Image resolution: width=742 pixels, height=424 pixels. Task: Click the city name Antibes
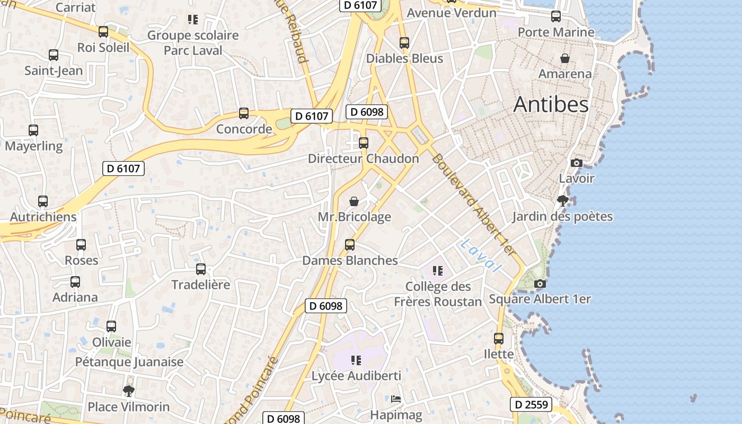tap(551, 104)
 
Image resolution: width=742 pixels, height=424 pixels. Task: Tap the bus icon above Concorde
tap(244, 113)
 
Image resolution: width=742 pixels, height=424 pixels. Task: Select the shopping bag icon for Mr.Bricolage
tap(354, 201)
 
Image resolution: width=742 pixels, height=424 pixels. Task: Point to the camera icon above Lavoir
tap(577, 163)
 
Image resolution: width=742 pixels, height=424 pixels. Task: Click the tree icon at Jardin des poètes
tap(562, 200)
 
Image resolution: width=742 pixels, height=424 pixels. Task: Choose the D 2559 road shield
tap(531, 405)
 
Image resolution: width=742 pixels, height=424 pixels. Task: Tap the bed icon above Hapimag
tap(396, 399)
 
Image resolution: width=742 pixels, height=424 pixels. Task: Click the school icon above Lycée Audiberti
tap(356, 360)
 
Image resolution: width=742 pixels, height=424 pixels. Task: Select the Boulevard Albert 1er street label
tap(473, 205)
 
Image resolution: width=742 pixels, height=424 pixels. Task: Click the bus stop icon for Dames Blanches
tap(350, 244)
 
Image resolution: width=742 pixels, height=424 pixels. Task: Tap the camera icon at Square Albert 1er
tap(540, 284)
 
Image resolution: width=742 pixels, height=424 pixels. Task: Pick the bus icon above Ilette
tap(499, 338)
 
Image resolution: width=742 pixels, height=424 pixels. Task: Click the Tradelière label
tap(201, 285)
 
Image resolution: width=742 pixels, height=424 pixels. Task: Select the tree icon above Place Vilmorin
tap(128, 391)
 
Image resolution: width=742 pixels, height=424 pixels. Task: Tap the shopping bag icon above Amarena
tap(565, 58)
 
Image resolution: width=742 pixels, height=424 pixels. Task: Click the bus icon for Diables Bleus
tap(404, 42)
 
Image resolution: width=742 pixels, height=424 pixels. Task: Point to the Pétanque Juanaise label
tap(129, 362)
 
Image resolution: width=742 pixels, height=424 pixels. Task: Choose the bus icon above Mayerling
tap(33, 130)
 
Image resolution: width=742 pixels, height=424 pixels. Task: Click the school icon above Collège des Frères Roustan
tap(437, 271)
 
